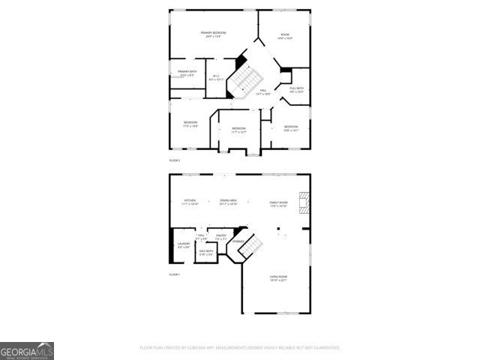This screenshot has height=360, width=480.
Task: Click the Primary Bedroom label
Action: [214, 34]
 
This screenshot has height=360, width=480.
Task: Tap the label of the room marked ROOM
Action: [285, 36]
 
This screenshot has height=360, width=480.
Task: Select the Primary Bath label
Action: [187, 73]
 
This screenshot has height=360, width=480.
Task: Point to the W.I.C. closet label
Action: [216, 77]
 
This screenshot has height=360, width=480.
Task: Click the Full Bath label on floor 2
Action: [296, 90]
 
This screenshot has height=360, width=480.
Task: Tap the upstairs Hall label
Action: [263, 91]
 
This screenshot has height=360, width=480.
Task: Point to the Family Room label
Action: [279, 203]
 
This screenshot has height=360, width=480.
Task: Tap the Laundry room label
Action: [184, 245]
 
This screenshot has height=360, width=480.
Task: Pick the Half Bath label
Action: [205, 253]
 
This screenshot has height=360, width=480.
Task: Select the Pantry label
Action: [220, 238]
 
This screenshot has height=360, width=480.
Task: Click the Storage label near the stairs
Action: [237, 241]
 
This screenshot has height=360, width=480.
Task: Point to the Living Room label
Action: [279, 279]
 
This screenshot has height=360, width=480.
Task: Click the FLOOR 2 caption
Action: [175, 160]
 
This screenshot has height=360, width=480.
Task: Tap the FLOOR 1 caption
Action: [175, 275]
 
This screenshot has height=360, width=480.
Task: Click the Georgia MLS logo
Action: [27, 351]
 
